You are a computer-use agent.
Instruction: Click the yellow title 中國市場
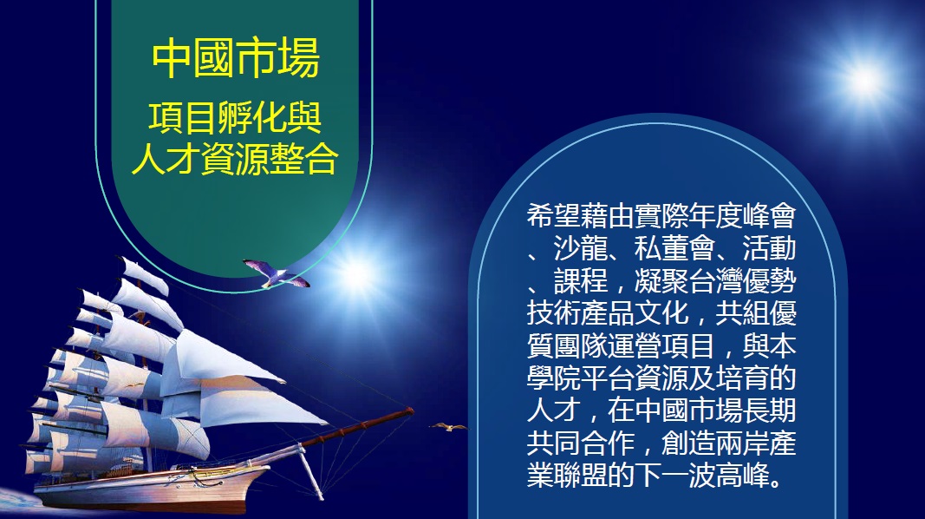(x=236, y=58)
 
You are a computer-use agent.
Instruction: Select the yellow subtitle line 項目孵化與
(x=236, y=118)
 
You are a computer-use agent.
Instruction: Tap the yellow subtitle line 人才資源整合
(x=236, y=158)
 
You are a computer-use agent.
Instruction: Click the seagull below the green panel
(x=276, y=273)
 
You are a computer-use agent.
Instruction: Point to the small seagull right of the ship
(x=448, y=426)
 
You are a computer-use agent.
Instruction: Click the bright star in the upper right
(x=864, y=80)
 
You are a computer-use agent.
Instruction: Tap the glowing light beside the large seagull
(x=356, y=274)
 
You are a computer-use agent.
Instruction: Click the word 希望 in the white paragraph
(x=553, y=216)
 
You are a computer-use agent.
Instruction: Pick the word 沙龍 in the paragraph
(x=581, y=248)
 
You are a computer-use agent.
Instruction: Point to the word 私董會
(x=674, y=248)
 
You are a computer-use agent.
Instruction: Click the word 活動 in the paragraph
(x=769, y=248)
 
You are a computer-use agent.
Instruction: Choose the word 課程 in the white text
(x=581, y=281)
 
